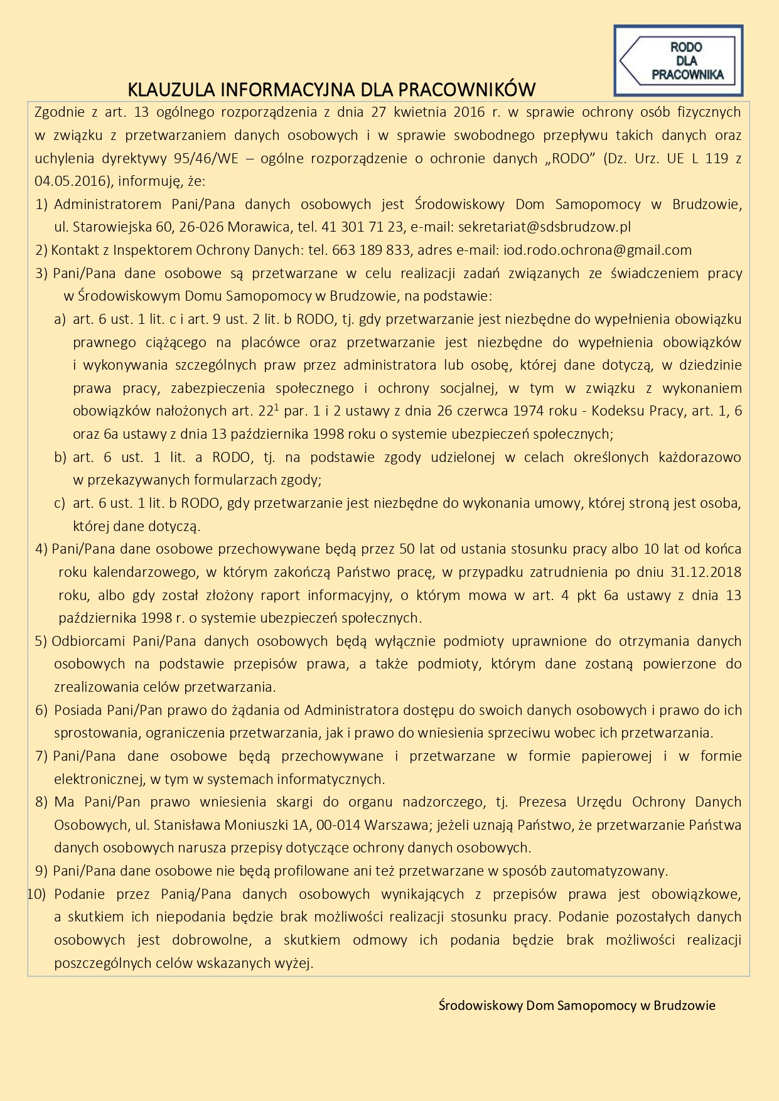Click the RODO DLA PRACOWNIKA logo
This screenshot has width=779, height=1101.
[678, 61]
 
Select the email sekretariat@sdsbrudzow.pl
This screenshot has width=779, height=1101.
[544, 227]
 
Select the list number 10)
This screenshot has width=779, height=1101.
[36, 894]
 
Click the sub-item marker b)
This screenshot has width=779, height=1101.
[60, 457]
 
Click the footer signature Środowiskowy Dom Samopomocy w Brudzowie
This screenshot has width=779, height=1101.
[577, 1006]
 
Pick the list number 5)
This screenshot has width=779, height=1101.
[41, 641]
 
